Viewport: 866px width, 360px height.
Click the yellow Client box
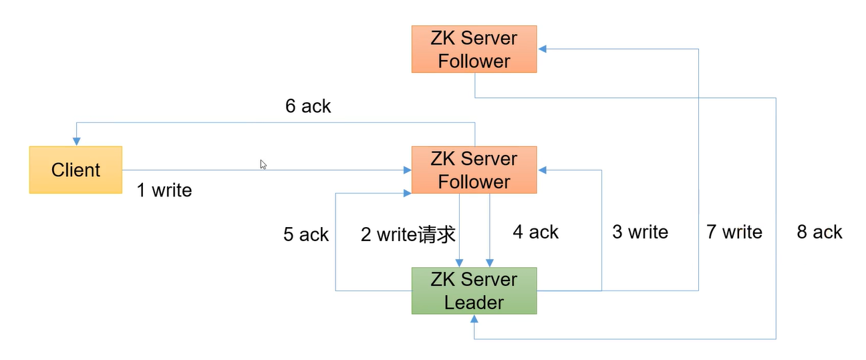point(76,170)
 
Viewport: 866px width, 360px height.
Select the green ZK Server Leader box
point(474,291)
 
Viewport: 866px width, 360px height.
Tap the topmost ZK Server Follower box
point(474,49)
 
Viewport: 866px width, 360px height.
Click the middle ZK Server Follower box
point(474,170)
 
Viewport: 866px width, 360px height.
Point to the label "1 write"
point(164,190)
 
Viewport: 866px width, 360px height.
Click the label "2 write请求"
point(408,234)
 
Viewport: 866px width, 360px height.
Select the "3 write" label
point(640,232)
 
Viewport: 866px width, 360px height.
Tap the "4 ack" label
point(535,232)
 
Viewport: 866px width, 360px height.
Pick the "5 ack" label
point(305,234)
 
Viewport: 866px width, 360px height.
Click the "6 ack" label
point(308,106)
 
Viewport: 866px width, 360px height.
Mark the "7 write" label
point(734,232)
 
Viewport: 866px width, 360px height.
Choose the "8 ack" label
point(819,232)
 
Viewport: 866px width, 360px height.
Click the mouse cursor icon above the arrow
point(263,164)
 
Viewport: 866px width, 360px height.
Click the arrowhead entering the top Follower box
point(542,49)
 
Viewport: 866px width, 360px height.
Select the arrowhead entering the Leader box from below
point(474,319)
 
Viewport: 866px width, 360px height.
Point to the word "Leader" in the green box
point(474,303)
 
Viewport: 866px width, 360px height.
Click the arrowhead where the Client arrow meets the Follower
point(406,170)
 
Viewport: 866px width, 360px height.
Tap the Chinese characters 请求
point(437,234)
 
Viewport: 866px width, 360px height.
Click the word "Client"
point(76,170)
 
